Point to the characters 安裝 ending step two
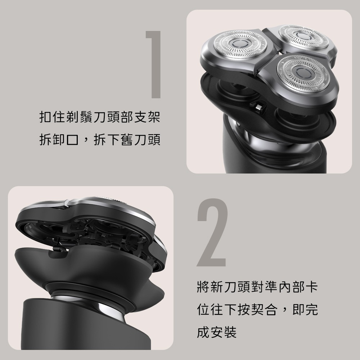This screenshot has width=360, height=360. pyautogui.click(x=224, y=332)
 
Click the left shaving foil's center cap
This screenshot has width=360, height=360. pyautogui.click(x=240, y=43)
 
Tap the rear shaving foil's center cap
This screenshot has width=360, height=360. pyautogui.click(x=303, y=36)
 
